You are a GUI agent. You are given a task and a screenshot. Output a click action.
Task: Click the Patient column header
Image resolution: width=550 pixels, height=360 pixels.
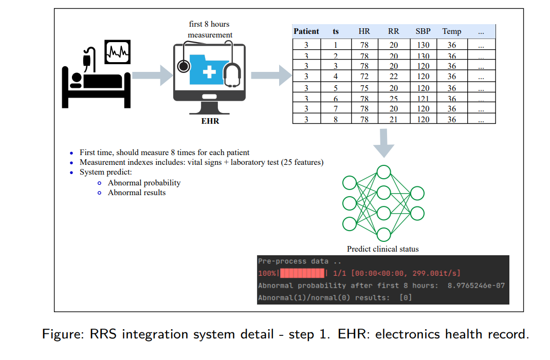306,31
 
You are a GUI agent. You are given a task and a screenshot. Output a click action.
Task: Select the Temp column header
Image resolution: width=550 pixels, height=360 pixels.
451,31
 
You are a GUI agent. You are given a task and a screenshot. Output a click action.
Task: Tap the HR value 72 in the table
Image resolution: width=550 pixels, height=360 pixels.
364,77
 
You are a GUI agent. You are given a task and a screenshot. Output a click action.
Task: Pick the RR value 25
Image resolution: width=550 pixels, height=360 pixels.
393,99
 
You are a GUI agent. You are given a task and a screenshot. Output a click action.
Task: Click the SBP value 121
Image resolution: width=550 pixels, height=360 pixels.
423,99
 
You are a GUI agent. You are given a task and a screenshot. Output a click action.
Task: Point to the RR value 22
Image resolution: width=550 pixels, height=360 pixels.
393,77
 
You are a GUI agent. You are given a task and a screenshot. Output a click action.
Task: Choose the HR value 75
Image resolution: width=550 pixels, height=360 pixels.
364,88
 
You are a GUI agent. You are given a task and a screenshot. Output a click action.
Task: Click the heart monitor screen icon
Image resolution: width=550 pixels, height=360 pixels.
117,51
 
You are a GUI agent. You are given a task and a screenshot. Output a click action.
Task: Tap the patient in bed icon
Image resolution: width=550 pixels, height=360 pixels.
95,80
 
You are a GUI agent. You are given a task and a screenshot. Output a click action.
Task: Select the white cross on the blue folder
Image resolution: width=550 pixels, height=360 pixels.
209,71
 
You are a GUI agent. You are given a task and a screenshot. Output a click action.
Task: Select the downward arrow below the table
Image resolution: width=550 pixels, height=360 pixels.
383,143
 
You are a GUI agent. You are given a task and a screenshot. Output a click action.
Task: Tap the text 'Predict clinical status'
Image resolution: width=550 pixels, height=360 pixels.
382,249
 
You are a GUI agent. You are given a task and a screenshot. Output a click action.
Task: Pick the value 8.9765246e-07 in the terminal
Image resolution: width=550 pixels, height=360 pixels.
476,286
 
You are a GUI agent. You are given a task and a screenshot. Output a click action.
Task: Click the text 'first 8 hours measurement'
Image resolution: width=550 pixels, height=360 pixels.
209,30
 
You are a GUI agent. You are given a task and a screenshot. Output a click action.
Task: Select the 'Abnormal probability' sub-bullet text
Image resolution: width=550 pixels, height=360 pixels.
144,183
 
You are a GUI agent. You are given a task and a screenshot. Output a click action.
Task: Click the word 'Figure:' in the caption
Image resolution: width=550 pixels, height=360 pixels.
64,334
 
